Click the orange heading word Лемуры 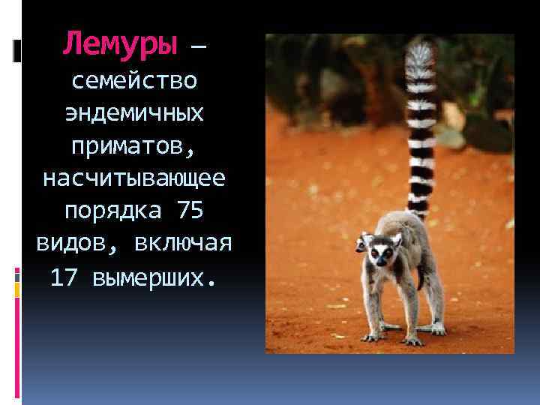[x=121, y=43]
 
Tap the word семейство [x=134, y=80]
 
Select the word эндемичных [x=134, y=113]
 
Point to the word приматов [x=134, y=146]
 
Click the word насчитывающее [x=134, y=179]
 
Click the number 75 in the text [x=190, y=211]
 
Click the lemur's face [x=382, y=253]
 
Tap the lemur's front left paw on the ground [x=371, y=337]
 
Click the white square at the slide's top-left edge [x=16, y=51]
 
